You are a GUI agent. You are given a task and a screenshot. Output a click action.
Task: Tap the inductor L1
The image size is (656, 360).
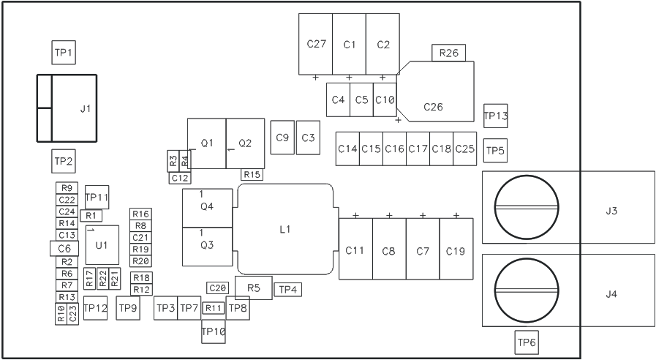(x=286, y=229)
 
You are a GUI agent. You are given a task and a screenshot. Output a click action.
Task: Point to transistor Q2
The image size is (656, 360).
(x=245, y=143)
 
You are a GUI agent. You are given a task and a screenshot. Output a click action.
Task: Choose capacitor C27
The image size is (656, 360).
(x=316, y=44)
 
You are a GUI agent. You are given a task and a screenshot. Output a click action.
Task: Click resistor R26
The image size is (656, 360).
(x=449, y=53)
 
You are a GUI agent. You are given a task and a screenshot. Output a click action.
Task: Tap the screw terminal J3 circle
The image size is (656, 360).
(x=527, y=207)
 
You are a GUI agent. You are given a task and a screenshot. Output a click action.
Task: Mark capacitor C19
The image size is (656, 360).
(x=455, y=250)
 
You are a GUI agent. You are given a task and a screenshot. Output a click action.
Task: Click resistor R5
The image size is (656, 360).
(x=254, y=288)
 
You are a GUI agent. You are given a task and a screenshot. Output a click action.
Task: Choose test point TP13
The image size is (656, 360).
(x=496, y=115)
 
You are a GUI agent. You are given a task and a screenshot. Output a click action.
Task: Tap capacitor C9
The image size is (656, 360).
(x=282, y=138)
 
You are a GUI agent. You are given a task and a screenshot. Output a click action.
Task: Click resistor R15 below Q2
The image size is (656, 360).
(x=252, y=174)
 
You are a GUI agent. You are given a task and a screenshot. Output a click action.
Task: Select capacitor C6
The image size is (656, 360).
(x=64, y=249)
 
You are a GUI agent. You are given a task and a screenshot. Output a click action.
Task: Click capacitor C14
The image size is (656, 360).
(x=347, y=149)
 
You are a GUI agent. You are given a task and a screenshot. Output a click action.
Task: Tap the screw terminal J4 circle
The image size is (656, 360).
(x=527, y=290)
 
